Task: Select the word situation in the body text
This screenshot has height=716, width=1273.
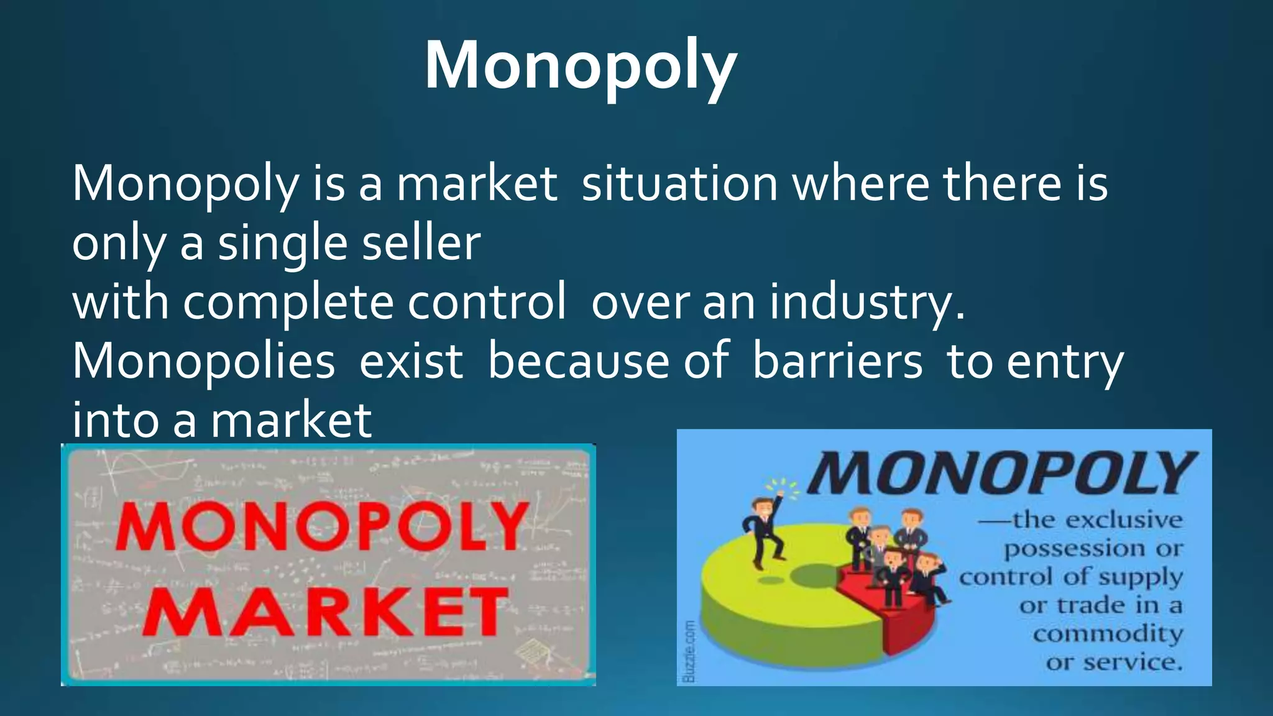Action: (x=679, y=184)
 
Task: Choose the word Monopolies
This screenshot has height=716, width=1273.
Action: (x=204, y=362)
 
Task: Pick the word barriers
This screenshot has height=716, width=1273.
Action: (x=837, y=362)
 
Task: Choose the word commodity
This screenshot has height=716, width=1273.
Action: (x=1108, y=634)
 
